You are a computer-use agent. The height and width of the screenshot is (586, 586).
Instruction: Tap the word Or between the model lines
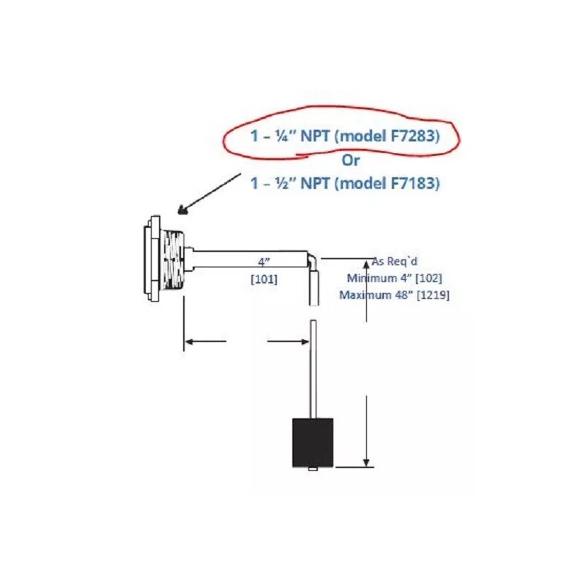tap(351, 160)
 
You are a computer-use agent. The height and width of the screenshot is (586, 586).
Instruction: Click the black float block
tap(313, 442)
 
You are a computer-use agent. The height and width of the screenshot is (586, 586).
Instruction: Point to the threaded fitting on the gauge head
tap(174, 259)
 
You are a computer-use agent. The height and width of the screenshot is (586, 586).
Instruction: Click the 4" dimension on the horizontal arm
tap(264, 262)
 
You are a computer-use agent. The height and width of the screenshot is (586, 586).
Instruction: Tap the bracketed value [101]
tap(264, 279)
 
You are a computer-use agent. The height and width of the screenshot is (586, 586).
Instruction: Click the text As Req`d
tap(395, 262)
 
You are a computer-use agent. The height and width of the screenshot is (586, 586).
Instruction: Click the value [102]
tap(429, 278)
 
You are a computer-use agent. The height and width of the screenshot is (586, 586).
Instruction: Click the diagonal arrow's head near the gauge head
tap(182, 211)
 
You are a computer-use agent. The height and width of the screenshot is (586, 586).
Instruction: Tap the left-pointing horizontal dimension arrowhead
tap(190, 341)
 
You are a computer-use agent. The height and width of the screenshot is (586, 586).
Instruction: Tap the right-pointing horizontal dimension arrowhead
tap(304, 341)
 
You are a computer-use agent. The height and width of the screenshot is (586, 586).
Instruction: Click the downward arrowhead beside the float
tap(367, 463)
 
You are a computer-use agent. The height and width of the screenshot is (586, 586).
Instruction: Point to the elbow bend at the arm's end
tap(313, 259)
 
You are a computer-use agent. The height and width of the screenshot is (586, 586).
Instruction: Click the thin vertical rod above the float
tap(314, 369)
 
